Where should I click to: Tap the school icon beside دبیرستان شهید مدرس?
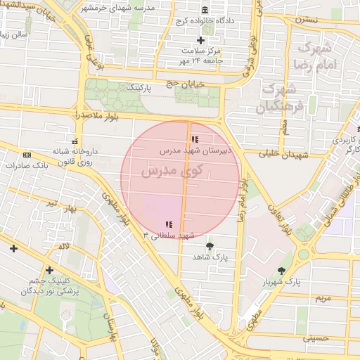[x=195, y=139]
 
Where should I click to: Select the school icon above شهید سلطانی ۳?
[x=169, y=224]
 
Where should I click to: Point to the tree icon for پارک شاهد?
[x=210, y=246]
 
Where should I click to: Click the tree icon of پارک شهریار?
[x=282, y=271]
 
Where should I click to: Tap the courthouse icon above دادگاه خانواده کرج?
[x=205, y=11]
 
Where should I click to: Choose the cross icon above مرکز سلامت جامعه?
[x=200, y=40]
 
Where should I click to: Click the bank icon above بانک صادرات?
[x=27, y=155]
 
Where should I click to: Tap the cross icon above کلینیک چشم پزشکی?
[x=49, y=270]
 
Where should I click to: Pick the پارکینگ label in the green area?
[x=138, y=89]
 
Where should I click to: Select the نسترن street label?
[x=307, y=20]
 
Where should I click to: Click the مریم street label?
[x=323, y=298]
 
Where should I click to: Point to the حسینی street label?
[x=316, y=338]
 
